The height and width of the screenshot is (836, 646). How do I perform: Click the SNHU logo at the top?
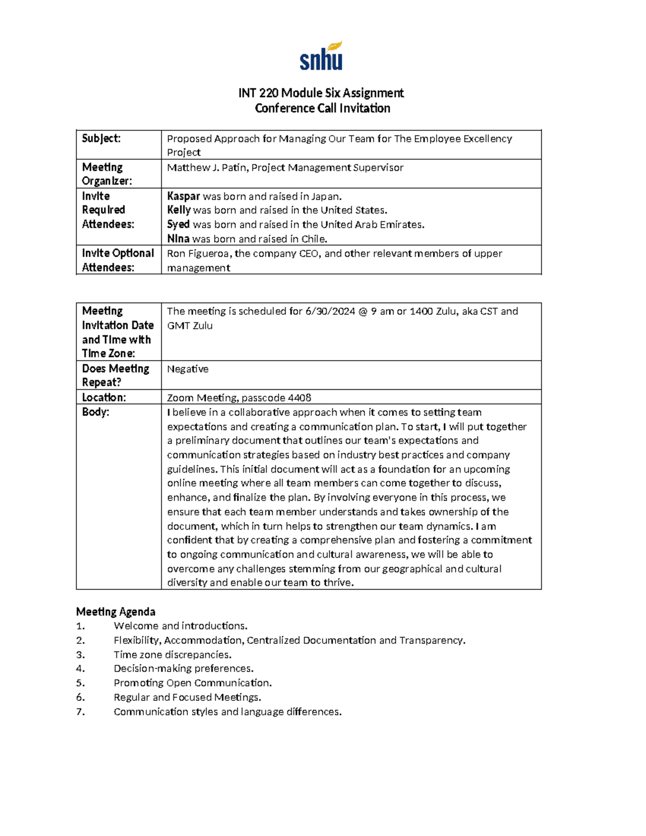[321, 57]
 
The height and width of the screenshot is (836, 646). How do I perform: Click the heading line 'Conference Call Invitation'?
[322, 108]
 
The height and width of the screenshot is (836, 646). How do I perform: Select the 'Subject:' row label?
[101, 138]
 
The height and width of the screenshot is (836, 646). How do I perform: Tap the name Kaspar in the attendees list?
[184, 196]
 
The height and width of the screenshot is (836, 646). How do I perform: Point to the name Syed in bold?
[178, 224]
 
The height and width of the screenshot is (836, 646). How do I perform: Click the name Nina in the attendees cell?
[178, 238]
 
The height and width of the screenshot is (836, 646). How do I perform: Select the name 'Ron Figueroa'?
[199, 254]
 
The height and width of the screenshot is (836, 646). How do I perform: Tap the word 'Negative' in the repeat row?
[187, 369]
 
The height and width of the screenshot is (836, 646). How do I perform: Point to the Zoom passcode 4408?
[299, 398]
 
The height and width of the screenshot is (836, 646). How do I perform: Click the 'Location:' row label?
[104, 397]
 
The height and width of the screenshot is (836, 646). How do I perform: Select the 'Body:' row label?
[95, 412]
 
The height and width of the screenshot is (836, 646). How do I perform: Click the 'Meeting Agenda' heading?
[116, 612]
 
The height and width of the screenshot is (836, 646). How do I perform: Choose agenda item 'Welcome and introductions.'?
[180, 626]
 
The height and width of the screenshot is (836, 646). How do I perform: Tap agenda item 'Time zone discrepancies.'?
[172, 655]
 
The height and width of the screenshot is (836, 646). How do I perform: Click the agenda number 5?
[80, 683]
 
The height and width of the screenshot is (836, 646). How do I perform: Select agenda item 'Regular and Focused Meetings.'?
[187, 697]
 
